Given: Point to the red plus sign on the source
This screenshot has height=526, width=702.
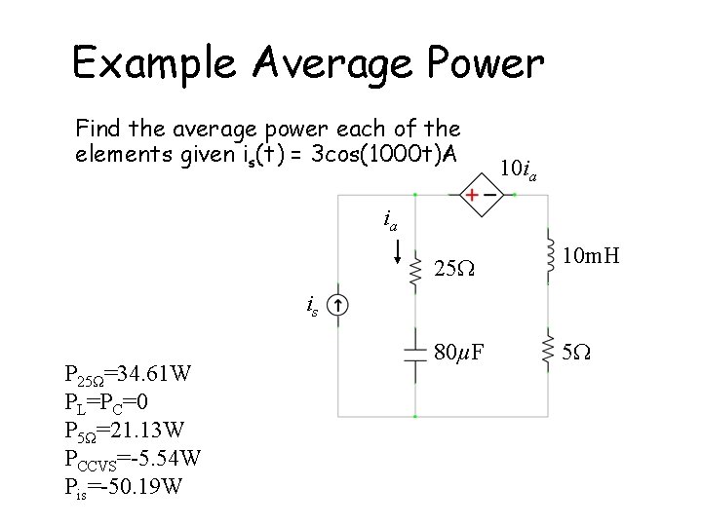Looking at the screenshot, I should click(471, 195).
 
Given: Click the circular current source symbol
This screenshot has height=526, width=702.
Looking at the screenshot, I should click(336, 306).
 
